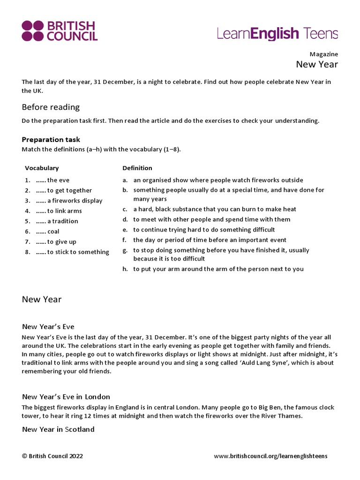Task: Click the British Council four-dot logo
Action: [32, 31]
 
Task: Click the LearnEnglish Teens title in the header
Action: [277, 33]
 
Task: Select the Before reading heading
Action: [51, 107]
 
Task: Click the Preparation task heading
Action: [51, 139]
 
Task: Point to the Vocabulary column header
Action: [42, 168]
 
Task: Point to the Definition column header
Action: [137, 168]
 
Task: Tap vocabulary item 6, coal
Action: [47, 232]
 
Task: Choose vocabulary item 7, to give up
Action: [56, 242]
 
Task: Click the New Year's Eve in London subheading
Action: [66, 397]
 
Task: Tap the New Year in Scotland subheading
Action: [58, 429]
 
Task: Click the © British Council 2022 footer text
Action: [52, 456]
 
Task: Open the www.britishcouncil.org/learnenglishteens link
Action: [270, 456]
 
